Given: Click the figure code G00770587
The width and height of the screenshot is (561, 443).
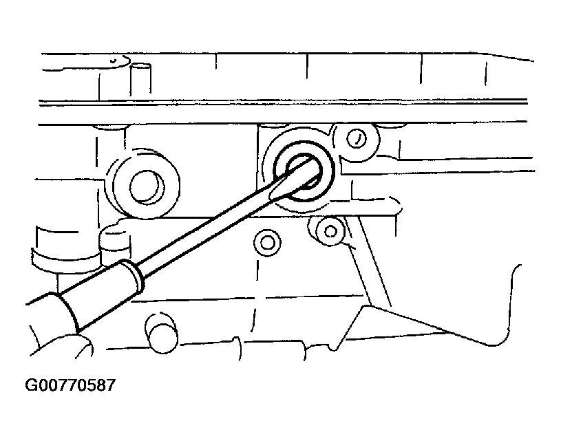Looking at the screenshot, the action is (70, 385).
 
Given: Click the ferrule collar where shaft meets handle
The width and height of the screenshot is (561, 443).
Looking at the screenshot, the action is (132, 274).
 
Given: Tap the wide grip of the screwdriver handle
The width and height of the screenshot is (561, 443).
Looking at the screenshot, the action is (50, 318).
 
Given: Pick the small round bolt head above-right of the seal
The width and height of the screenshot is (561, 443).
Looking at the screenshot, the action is (357, 139).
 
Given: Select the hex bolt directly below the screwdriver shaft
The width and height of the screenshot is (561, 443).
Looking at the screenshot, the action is (267, 243).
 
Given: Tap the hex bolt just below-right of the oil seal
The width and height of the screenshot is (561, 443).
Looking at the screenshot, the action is (330, 232).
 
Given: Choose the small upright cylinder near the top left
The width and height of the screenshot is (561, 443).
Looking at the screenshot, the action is (140, 80).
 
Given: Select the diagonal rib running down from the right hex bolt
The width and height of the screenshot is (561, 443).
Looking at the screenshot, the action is (368, 263).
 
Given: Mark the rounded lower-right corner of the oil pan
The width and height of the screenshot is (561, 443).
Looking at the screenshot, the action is (501, 336).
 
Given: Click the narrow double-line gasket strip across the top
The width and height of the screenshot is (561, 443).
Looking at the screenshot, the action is (283, 102).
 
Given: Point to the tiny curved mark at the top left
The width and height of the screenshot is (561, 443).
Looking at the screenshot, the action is (113, 61).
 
